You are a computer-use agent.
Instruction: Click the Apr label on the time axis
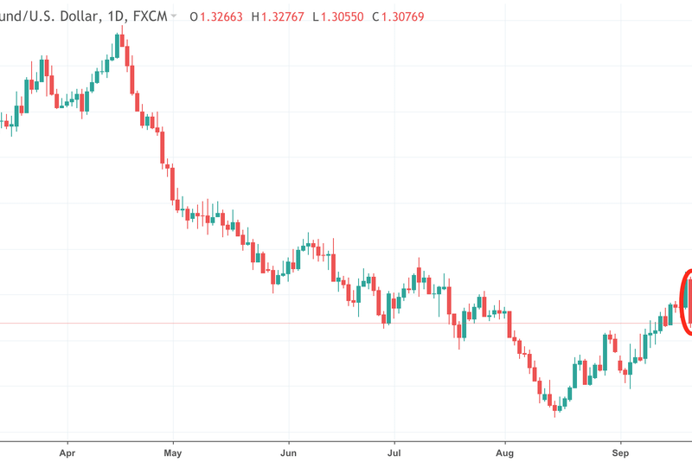[67, 452]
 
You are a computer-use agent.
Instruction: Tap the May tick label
[173, 452]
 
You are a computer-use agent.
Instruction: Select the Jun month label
[289, 452]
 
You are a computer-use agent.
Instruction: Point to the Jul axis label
[394, 452]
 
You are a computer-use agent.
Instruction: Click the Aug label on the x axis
[506, 452]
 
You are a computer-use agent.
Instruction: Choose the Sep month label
[619, 452]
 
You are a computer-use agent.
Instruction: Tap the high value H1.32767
[282, 16]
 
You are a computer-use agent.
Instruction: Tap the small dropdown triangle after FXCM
[175, 16]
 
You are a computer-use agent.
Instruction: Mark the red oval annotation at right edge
[686, 303]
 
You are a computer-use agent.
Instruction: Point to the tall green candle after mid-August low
[575, 374]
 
